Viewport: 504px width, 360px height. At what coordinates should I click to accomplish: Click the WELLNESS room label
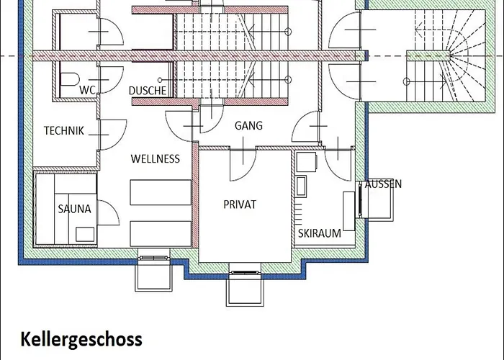(x=156, y=159)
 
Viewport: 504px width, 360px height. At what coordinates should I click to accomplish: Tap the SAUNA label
(x=75, y=210)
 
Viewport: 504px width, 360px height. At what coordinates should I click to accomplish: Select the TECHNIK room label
(x=63, y=131)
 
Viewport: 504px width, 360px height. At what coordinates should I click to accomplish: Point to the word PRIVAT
(x=240, y=204)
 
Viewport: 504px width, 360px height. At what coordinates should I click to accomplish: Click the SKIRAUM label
(x=320, y=233)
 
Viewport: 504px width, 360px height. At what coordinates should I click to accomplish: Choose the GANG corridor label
(x=248, y=125)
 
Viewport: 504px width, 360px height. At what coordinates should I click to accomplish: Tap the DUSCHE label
(x=148, y=91)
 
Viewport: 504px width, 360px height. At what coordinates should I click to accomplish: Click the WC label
(x=87, y=90)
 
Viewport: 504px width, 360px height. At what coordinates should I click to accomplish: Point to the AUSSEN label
(x=383, y=184)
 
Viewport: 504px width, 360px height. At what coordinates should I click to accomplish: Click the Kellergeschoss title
(x=81, y=339)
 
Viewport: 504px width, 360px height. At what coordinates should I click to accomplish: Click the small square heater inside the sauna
(x=85, y=234)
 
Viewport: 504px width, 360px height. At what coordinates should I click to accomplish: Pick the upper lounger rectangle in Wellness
(x=161, y=192)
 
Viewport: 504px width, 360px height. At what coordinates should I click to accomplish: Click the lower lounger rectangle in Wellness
(x=161, y=234)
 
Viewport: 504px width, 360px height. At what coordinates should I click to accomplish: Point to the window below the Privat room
(x=245, y=273)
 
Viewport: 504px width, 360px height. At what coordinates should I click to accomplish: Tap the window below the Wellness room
(x=153, y=258)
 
